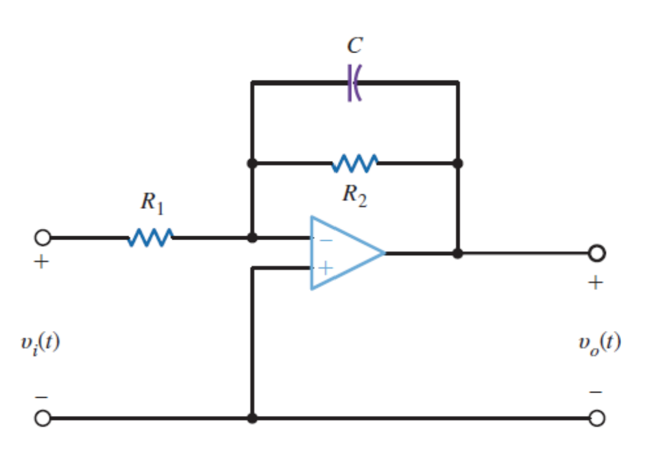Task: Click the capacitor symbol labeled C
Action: point(354,82)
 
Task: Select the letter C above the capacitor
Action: point(355,46)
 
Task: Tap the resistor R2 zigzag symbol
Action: point(354,164)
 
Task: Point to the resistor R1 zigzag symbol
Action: point(151,237)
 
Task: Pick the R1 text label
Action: point(152,204)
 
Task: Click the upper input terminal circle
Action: point(42,238)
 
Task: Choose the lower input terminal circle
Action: point(42,419)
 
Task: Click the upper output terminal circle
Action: point(597,252)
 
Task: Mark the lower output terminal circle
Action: point(597,419)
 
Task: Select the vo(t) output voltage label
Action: point(599,342)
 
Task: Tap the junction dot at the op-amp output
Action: point(457,253)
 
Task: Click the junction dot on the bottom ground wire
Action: point(252,419)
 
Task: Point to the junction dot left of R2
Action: point(252,164)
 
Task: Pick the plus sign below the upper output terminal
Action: point(596,282)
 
